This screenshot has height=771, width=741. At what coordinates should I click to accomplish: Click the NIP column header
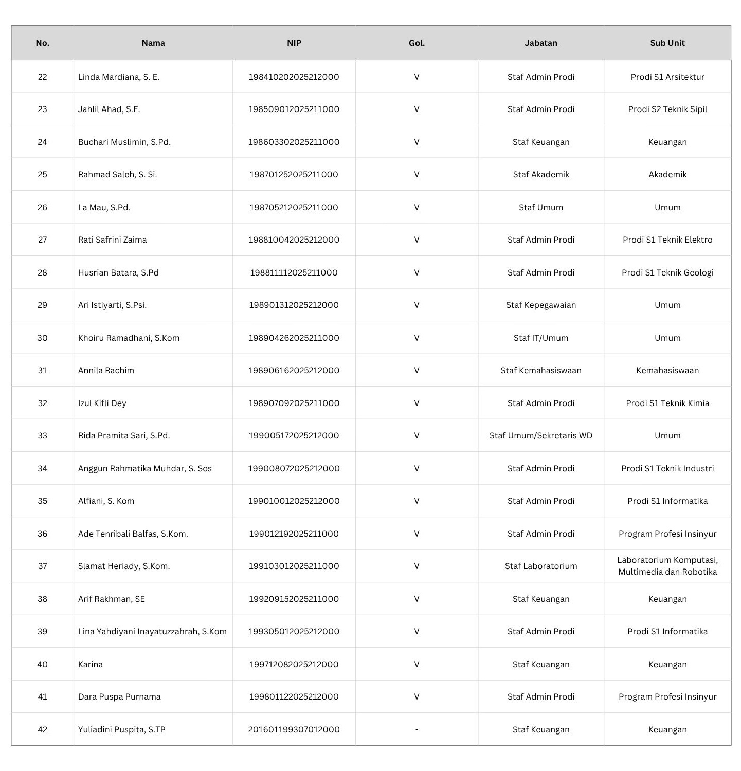click(294, 43)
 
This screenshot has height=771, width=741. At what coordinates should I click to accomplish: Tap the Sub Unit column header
click(667, 43)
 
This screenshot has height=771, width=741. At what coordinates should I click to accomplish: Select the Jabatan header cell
click(540, 43)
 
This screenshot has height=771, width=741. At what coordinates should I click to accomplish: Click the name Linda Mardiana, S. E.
click(119, 77)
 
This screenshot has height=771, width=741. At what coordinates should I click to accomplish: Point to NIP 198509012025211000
click(294, 109)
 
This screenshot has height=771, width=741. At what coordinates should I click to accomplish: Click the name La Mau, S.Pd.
click(104, 207)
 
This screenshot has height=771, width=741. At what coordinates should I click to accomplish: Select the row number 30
click(42, 338)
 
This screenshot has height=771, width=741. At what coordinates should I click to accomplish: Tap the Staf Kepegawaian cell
click(540, 305)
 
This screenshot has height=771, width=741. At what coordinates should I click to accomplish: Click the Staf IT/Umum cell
click(540, 338)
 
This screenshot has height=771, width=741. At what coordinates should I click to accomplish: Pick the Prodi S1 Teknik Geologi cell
click(667, 272)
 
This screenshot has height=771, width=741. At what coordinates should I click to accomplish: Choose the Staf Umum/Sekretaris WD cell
click(540, 435)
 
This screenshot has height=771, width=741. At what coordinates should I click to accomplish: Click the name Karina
click(91, 664)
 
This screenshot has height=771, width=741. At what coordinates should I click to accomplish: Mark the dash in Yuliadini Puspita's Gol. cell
click(417, 729)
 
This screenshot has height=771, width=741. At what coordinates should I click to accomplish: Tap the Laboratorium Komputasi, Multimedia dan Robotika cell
click(667, 566)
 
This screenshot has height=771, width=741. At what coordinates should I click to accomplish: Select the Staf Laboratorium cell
click(540, 566)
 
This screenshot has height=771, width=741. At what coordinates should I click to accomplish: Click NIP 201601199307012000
click(294, 729)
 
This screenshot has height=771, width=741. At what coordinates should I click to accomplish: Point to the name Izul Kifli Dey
click(102, 403)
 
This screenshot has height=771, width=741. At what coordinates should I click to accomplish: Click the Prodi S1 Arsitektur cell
click(667, 77)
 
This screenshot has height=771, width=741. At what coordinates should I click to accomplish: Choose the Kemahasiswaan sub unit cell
click(667, 370)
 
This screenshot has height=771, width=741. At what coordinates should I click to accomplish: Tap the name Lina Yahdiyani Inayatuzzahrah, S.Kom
click(152, 631)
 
